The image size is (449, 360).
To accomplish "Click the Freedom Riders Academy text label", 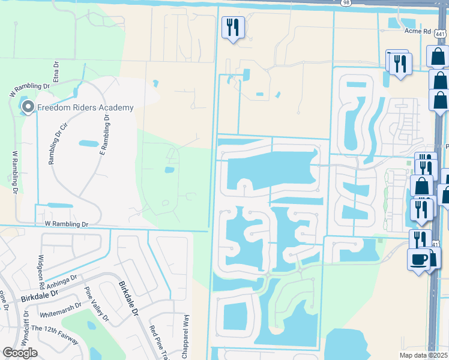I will coord(85,107).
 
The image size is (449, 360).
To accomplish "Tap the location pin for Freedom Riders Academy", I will coord(28,107).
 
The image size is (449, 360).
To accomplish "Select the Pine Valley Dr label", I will coord(97,304).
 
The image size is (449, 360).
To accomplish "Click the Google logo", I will coord(20,353).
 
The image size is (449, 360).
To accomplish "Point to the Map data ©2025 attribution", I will coord(423,355).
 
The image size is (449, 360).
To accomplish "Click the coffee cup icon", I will coord(418,259).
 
